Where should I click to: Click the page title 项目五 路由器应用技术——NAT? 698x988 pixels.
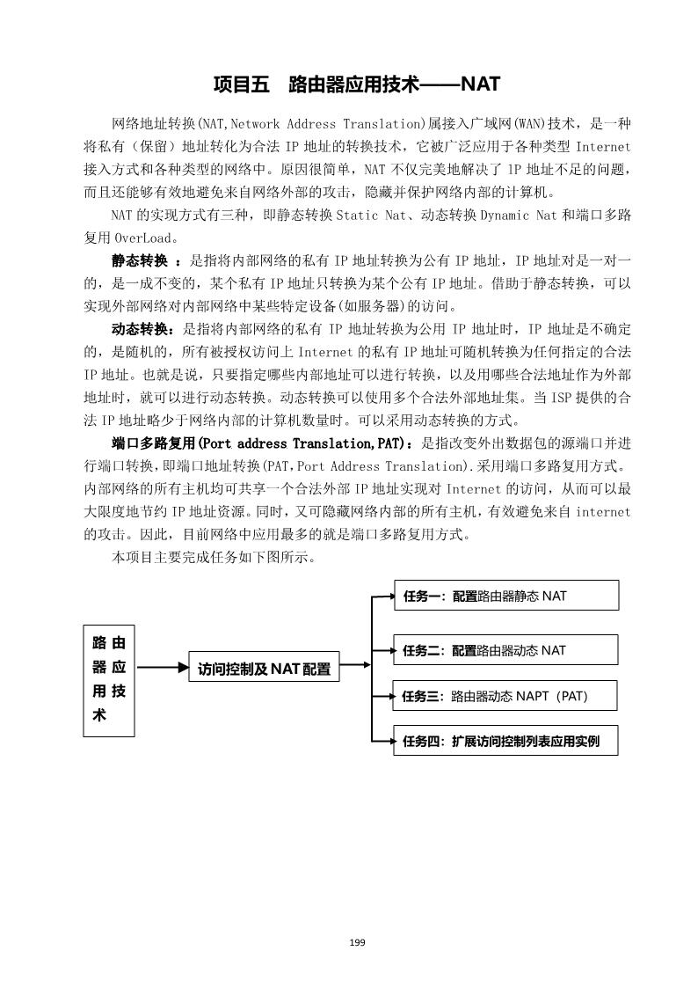click(x=356, y=84)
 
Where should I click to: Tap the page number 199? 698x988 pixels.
click(x=356, y=943)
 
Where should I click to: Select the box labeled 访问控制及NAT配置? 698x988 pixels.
click(x=264, y=669)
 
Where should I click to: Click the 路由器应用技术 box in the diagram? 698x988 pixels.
click(x=108, y=679)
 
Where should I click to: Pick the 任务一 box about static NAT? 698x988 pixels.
click(x=505, y=596)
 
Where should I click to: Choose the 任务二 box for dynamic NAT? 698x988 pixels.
click(x=505, y=651)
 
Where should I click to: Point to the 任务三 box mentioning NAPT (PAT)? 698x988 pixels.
click(x=505, y=697)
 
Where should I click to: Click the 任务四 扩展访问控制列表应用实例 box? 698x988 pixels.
click(x=505, y=741)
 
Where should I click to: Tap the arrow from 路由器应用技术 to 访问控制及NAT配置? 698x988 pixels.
click(x=162, y=668)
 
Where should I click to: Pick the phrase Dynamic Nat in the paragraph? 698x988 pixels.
click(x=513, y=215)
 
